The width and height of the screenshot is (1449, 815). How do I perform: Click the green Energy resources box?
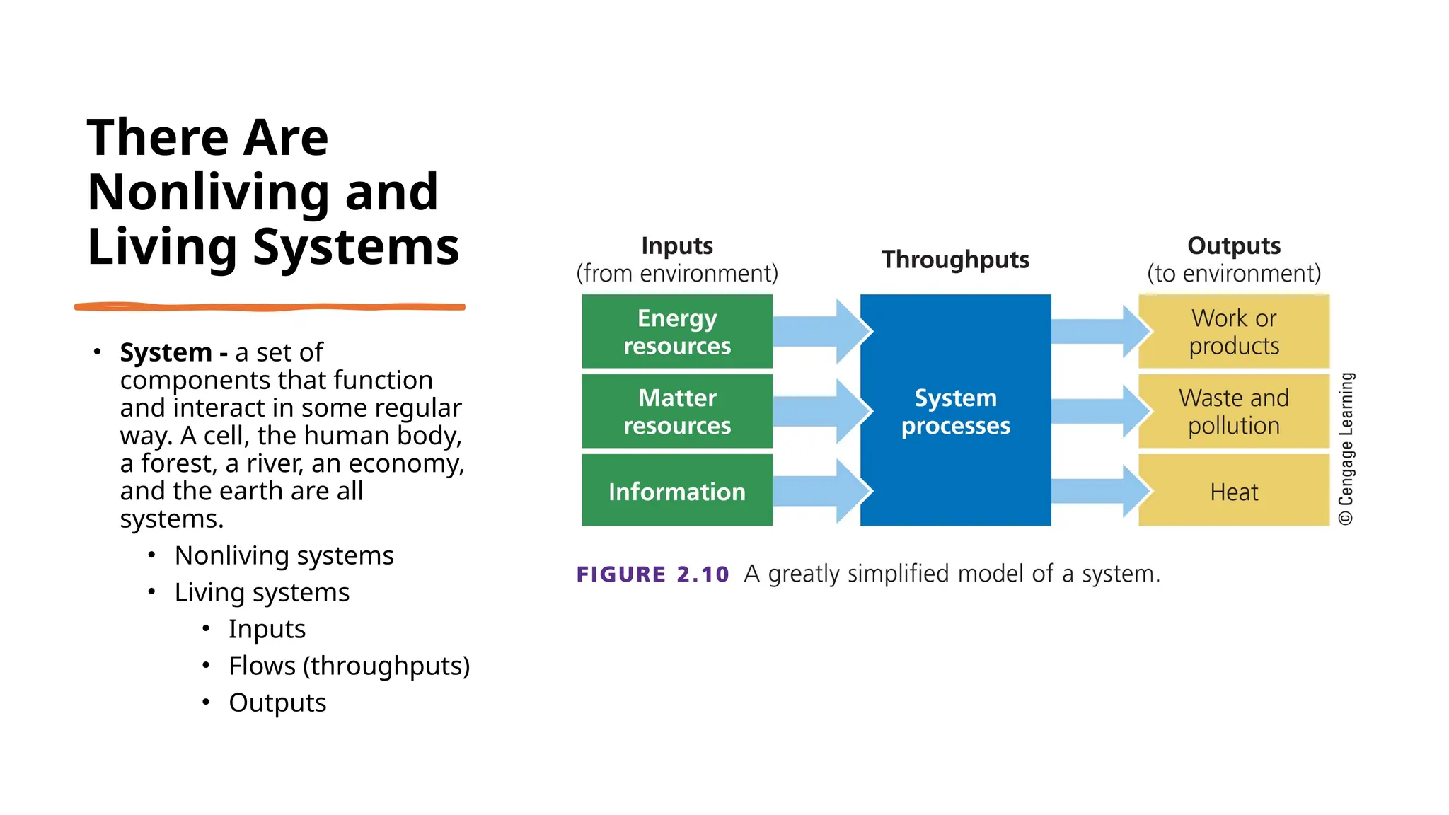pyautogui.click(x=676, y=332)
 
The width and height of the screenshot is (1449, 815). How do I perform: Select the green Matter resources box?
pyautogui.click(x=676, y=411)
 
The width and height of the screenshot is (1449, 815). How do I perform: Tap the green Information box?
pyautogui.click(x=676, y=491)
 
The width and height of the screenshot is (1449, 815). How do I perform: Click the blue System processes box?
pyautogui.click(x=955, y=411)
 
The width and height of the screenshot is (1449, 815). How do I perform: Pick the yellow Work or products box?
pyautogui.click(x=1233, y=332)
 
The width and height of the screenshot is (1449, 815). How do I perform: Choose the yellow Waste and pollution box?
pyautogui.click(x=1233, y=411)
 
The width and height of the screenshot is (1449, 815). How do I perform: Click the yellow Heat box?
pyautogui.click(x=1233, y=491)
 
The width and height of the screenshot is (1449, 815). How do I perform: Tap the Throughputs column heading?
pyautogui.click(x=955, y=260)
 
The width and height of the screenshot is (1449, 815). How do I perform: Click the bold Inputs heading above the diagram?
pyautogui.click(x=676, y=245)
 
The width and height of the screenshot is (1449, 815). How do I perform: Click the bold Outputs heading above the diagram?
pyautogui.click(x=1233, y=245)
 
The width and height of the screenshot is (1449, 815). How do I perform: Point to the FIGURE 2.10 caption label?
pyautogui.click(x=652, y=574)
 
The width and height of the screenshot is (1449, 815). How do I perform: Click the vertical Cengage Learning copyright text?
pyautogui.click(x=1346, y=449)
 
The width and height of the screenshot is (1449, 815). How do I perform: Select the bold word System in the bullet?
pyautogui.click(x=166, y=352)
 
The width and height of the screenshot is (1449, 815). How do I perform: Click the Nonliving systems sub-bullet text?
pyautogui.click(x=284, y=555)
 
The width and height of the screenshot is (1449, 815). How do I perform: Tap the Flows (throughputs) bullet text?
pyautogui.click(x=349, y=666)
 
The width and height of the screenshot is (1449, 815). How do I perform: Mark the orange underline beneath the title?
pyautogui.click(x=270, y=307)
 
